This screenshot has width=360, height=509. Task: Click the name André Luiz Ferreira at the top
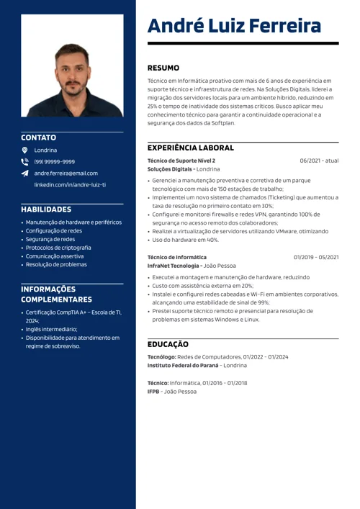click(234, 27)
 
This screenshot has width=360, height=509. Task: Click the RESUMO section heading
click(163, 68)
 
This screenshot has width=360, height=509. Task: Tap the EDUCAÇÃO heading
click(168, 345)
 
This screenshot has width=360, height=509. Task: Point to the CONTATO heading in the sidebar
click(38, 137)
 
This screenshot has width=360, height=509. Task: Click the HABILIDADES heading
click(46, 209)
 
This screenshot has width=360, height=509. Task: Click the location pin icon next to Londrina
click(24, 150)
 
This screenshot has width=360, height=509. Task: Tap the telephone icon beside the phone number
click(24, 161)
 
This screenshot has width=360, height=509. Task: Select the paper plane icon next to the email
click(24, 173)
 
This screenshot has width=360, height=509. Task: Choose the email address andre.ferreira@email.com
click(66, 173)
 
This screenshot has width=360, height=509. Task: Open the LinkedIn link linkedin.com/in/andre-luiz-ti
click(70, 184)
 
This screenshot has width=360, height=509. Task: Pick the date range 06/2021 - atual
click(319, 161)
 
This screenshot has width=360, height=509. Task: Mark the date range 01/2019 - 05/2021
click(316, 257)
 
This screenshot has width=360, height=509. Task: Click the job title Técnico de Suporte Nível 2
click(181, 161)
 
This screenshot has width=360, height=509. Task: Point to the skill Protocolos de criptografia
click(58, 247)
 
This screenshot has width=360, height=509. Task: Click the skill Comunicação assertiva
click(55, 256)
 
